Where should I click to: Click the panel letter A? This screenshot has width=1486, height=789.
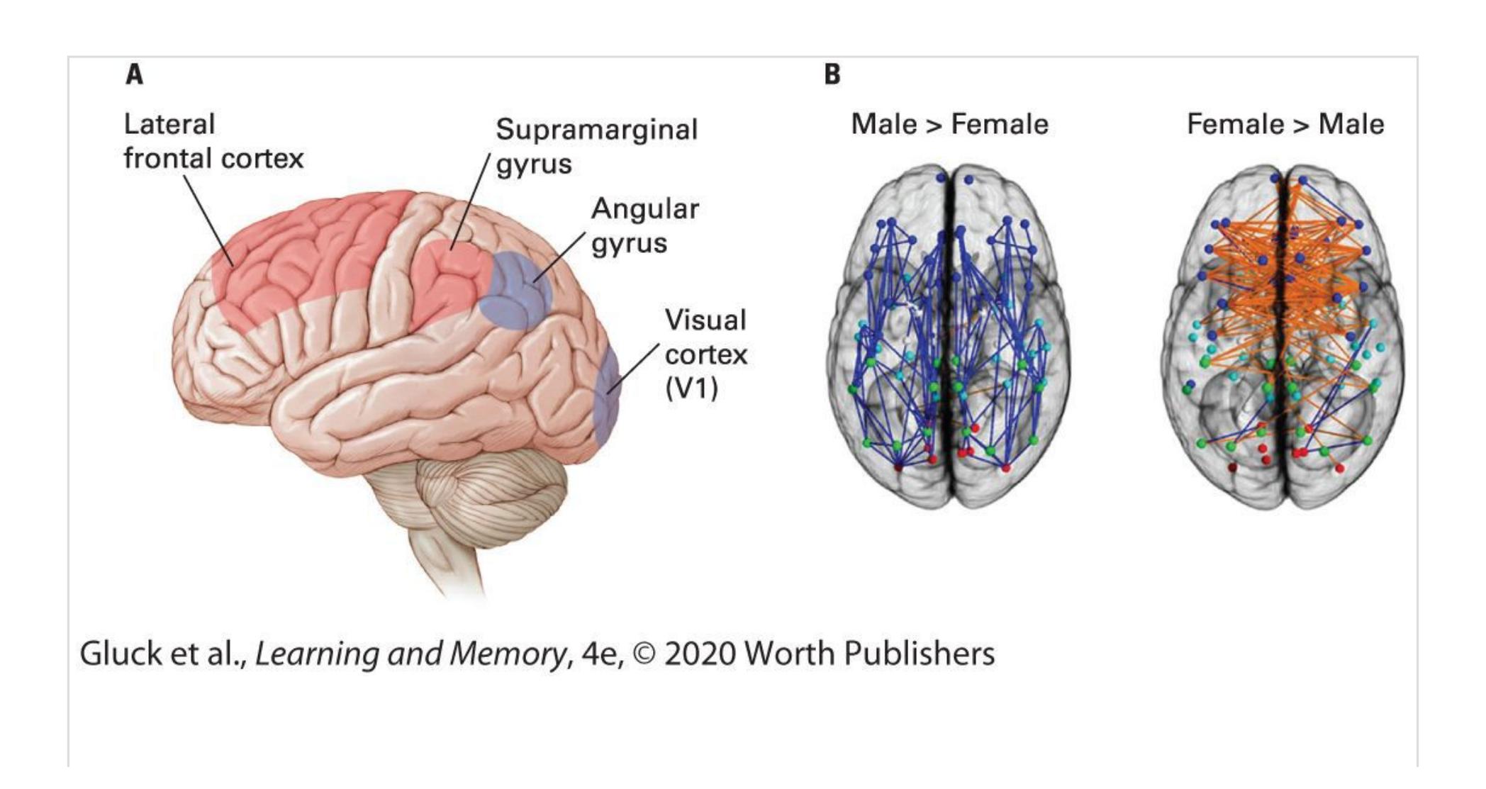pos(135,74)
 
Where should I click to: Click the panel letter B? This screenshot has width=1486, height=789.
pos(832,74)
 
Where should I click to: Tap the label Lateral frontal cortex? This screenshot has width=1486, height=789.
pos(213,141)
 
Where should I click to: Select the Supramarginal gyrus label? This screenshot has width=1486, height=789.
pos(597,146)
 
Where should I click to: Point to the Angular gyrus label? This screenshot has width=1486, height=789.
pos(645,225)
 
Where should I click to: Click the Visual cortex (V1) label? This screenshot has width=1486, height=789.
pos(705,354)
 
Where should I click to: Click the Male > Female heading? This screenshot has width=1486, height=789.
pos(949,124)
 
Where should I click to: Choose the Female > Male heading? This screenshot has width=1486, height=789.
pos(1285,124)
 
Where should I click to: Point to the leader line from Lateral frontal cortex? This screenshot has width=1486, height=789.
pos(209,220)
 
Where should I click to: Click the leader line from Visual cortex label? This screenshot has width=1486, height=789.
pos(633,368)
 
